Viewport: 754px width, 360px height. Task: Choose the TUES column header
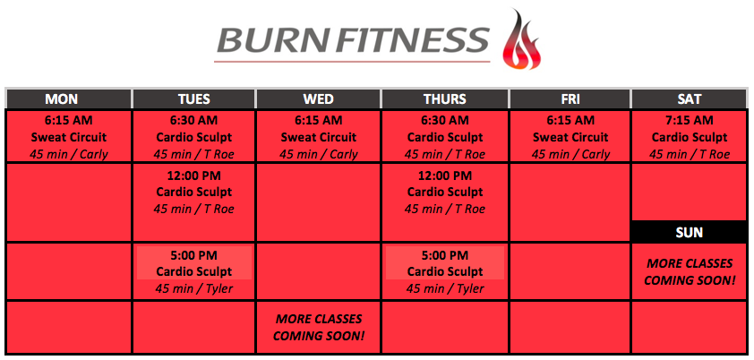pyautogui.click(x=193, y=99)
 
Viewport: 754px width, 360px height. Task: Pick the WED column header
pyautogui.click(x=318, y=99)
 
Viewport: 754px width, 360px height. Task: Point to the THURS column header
pyautogui.click(x=445, y=99)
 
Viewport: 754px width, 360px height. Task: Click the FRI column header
pyautogui.click(x=570, y=99)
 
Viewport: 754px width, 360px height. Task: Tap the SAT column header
pyautogui.click(x=690, y=99)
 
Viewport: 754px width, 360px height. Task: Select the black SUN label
pyautogui.click(x=690, y=232)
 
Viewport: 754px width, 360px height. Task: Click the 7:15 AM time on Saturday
pyautogui.click(x=690, y=120)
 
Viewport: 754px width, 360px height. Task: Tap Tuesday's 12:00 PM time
pyautogui.click(x=193, y=176)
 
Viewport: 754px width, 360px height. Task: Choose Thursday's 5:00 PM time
pyautogui.click(x=445, y=254)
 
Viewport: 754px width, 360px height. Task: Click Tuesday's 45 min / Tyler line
pyautogui.click(x=193, y=289)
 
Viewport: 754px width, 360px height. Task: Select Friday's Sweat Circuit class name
pyautogui.click(x=570, y=138)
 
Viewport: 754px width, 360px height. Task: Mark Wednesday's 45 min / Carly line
pyautogui.click(x=318, y=155)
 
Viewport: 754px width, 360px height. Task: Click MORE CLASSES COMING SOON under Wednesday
pyautogui.click(x=318, y=328)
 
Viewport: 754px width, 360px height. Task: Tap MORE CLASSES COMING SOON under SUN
pyautogui.click(x=690, y=271)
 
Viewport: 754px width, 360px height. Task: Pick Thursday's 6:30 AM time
pyautogui.click(x=445, y=120)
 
